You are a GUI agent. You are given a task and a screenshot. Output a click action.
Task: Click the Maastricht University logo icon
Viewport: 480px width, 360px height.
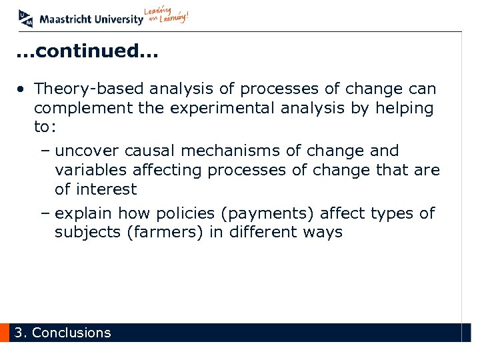(25, 18)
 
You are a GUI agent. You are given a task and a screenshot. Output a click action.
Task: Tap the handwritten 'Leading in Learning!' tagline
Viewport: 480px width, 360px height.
(167, 17)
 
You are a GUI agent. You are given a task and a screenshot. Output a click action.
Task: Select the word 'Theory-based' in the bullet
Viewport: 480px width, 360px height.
(89, 89)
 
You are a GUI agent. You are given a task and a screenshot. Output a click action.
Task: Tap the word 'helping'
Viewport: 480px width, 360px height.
(405, 107)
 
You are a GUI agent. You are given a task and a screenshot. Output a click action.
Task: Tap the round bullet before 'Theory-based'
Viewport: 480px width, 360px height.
(23, 89)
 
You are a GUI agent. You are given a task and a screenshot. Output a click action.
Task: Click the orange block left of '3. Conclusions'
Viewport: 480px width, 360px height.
(5, 333)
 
